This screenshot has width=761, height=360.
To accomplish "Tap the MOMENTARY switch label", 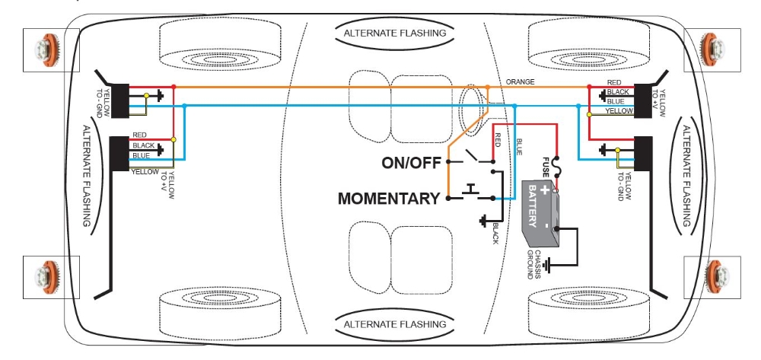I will [x=389, y=199].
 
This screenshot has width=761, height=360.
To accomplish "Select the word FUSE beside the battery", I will [x=546, y=166].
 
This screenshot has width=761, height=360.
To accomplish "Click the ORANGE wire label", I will [x=520, y=81].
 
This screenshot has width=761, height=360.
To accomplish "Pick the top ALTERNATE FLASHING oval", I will [x=394, y=33].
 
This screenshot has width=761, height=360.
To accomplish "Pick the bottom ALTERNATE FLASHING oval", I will [x=394, y=324].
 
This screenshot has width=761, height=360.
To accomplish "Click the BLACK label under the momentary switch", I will [x=495, y=233].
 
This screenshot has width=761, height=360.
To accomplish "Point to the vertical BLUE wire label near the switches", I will [x=519, y=145].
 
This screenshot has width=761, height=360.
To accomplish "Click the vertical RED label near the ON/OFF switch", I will [x=498, y=140].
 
